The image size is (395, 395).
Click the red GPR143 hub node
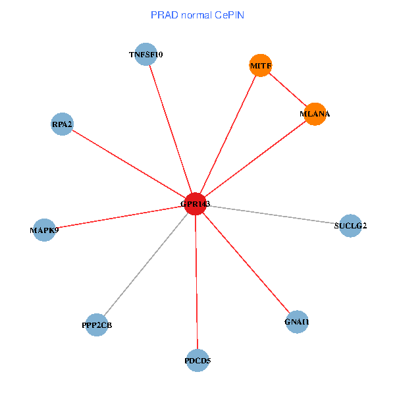[x=196, y=204]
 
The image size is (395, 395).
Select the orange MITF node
[x=261, y=65]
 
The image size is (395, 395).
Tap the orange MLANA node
[x=315, y=114]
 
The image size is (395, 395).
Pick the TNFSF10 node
[x=145, y=54]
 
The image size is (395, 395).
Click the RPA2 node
[x=63, y=124]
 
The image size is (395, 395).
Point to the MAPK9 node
[x=44, y=230]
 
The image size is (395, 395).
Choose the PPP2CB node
[x=97, y=325]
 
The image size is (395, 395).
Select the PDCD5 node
[x=197, y=360]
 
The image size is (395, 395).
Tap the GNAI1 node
[x=297, y=322]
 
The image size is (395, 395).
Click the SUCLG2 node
[x=350, y=226]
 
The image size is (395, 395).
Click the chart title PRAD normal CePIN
[x=197, y=14]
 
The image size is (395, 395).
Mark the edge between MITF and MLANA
[x=288, y=90]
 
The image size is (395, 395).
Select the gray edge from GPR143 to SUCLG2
[x=273, y=215]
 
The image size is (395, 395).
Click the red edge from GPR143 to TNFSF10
[x=171, y=129]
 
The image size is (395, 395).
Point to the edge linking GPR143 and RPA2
[x=129, y=164]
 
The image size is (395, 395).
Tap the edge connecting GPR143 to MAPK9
[x=120, y=217]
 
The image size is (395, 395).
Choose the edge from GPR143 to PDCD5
[x=196, y=282]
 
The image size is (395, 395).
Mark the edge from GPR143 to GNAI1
[x=246, y=263]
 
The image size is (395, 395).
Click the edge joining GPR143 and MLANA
[x=255, y=159]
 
